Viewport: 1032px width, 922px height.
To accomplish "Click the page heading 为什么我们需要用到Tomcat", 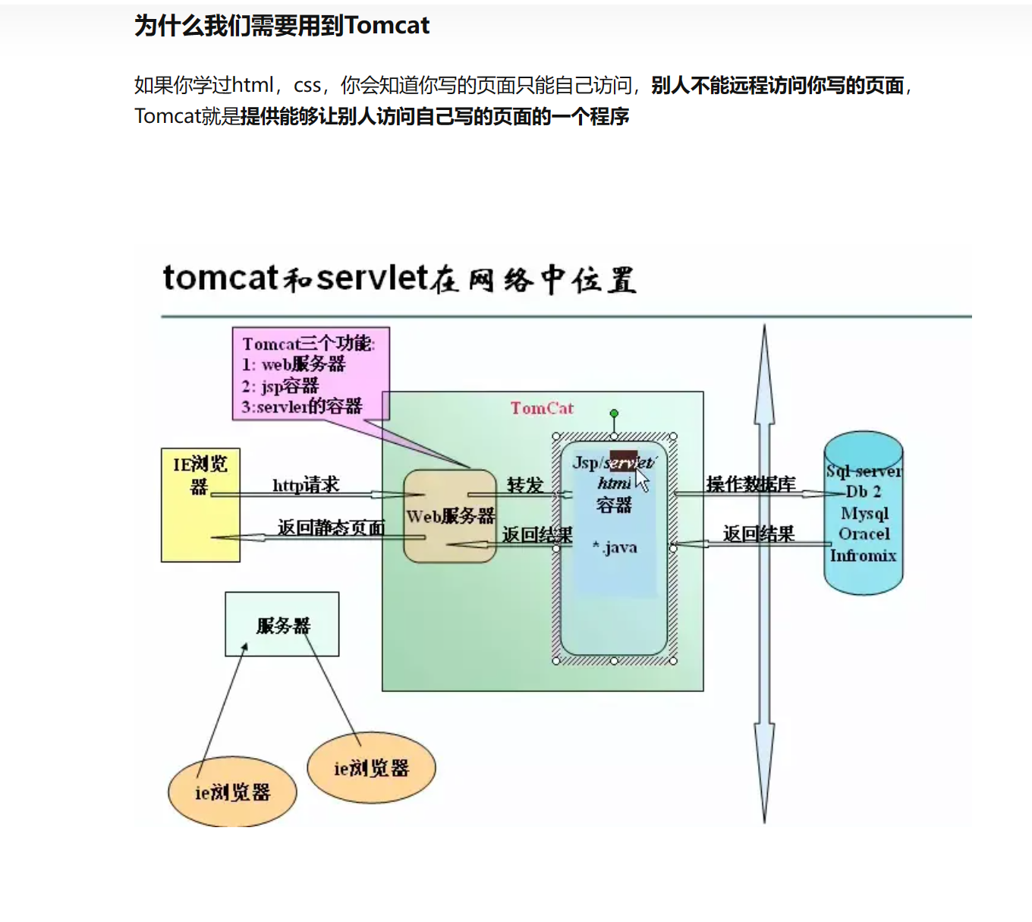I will click(x=282, y=26).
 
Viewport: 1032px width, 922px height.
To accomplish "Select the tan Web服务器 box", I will click(x=450, y=516).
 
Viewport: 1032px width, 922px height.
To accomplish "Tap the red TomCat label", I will click(x=542, y=408).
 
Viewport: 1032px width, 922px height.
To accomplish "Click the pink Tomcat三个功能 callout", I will click(x=310, y=373).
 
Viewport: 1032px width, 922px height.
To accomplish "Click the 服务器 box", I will click(x=282, y=625).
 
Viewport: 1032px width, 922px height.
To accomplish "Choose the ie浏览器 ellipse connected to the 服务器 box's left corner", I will click(x=232, y=791).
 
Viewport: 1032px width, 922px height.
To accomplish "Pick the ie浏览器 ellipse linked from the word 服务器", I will click(x=371, y=767).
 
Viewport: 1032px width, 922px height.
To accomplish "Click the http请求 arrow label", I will click(x=306, y=484).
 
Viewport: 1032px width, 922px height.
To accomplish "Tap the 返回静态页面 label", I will click(x=331, y=527).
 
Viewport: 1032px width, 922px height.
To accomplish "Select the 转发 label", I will click(x=525, y=484).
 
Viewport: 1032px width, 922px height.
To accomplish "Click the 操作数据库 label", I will click(x=750, y=484).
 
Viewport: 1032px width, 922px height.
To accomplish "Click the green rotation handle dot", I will click(x=614, y=414).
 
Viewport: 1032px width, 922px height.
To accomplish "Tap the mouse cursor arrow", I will click(x=641, y=480).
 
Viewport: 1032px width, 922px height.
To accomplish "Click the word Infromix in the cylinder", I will click(x=863, y=555).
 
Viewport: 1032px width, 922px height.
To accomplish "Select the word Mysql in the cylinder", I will click(x=864, y=513).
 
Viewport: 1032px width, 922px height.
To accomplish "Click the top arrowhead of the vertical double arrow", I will click(x=764, y=349).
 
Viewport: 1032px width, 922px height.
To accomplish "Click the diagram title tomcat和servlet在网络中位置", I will click(x=399, y=279).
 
